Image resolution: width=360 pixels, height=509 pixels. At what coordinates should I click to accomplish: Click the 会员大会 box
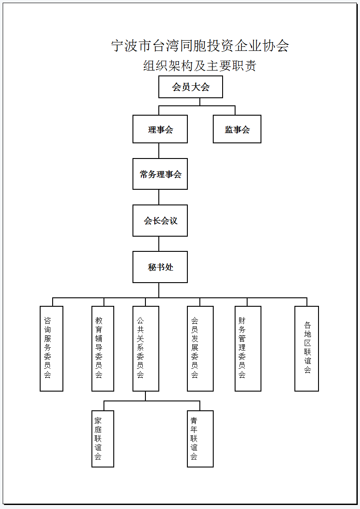pos(190,87)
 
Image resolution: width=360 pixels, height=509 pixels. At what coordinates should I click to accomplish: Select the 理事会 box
pos(160,129)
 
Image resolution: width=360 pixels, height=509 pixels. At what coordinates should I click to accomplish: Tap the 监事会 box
pos(237,129)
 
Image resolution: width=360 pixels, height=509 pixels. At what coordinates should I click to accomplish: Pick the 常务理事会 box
pos(160,174)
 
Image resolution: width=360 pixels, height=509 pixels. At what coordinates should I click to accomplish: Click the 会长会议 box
pos(160,221)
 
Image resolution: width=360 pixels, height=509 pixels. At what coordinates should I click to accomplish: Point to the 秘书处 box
pos(160,267)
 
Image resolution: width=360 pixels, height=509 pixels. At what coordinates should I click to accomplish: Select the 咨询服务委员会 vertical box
pos(51,349)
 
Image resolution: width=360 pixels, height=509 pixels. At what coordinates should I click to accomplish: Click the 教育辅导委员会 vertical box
pos(103,349)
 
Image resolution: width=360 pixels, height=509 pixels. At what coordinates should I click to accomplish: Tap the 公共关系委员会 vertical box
pos(145,349)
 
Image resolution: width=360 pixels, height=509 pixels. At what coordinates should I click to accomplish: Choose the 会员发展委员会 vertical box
pos(200,349)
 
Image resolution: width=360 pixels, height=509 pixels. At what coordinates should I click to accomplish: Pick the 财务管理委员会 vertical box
pos(248,349)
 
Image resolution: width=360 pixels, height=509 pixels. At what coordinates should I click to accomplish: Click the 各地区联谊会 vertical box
pos(307,349)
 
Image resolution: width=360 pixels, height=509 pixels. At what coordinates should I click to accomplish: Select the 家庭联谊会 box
pos(103,439)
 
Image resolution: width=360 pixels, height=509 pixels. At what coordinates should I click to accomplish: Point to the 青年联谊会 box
pos(200,439)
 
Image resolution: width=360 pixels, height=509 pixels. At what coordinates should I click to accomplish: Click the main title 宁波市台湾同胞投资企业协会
pos(200,46)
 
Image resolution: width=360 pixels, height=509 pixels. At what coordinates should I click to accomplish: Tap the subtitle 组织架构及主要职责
pos(200,66)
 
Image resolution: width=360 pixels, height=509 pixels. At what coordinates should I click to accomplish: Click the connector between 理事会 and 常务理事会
pos(159,150)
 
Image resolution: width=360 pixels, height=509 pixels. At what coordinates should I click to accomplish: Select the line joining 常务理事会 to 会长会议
pos(159,197)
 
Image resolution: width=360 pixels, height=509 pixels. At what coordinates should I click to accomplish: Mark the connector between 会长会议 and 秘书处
pos(159,243)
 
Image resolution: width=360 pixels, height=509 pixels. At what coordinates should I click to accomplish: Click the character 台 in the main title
pos(159,46)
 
